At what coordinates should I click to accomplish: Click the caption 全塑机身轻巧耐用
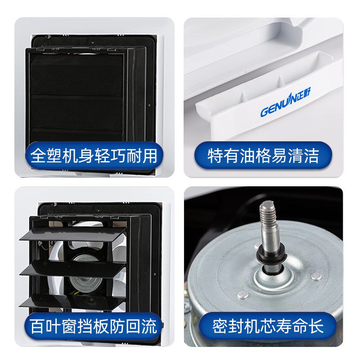(94, 156)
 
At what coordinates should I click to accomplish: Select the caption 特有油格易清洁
(263, 156)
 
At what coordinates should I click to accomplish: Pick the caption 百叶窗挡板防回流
(94, 326)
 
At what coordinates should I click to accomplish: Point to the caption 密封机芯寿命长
(268, 326)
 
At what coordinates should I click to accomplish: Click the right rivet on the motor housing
(316, 276)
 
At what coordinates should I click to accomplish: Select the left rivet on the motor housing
(243, 295)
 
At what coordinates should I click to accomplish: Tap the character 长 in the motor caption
(316, 326)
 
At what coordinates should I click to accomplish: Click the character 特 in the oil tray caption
(215, 156)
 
